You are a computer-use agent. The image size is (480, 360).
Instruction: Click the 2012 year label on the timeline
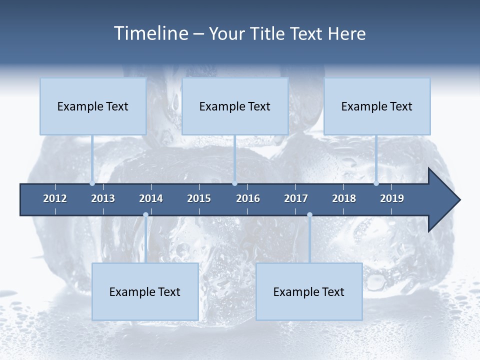pyautogui.click(x=55, y=198)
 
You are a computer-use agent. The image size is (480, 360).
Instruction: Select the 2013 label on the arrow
pyautogui.click(x=103, y=198)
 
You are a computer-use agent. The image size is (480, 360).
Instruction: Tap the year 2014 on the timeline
pyautogui.click(x=151, y=198)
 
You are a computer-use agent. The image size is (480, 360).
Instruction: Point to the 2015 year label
pyautogui.click(x=199, y=198)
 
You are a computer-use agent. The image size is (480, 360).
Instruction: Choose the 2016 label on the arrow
pyautogui.click(x=248, y=198)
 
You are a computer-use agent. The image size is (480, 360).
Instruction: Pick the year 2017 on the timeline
pyautogui.click(x=296, y=198)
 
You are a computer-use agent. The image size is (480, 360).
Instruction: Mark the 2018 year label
pyautogui.click(x=344, y=198)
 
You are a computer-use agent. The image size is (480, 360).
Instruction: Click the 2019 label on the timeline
pyautogui.click(x=392, y=198)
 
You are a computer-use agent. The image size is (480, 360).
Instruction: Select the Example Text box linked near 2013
pyautogui.click(x=93, y=106)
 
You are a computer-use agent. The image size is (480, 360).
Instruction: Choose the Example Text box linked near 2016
pyautogui.click(x=235, y=106)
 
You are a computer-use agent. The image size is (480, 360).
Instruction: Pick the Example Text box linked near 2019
pyautogui.click(x=377, y=106)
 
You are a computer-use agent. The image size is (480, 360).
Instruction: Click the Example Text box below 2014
pyautogui.click(x=145, y=292)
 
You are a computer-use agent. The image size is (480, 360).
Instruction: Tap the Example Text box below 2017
pyautogui.click(x=309, y=292)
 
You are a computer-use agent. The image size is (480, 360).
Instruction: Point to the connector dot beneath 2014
pyautogui.click(x=145, y=215)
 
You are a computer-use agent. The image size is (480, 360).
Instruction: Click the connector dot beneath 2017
pyautogui.click(x=309, y=215)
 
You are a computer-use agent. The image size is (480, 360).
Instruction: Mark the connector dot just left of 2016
pyautogui.click(x=234, y=183)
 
